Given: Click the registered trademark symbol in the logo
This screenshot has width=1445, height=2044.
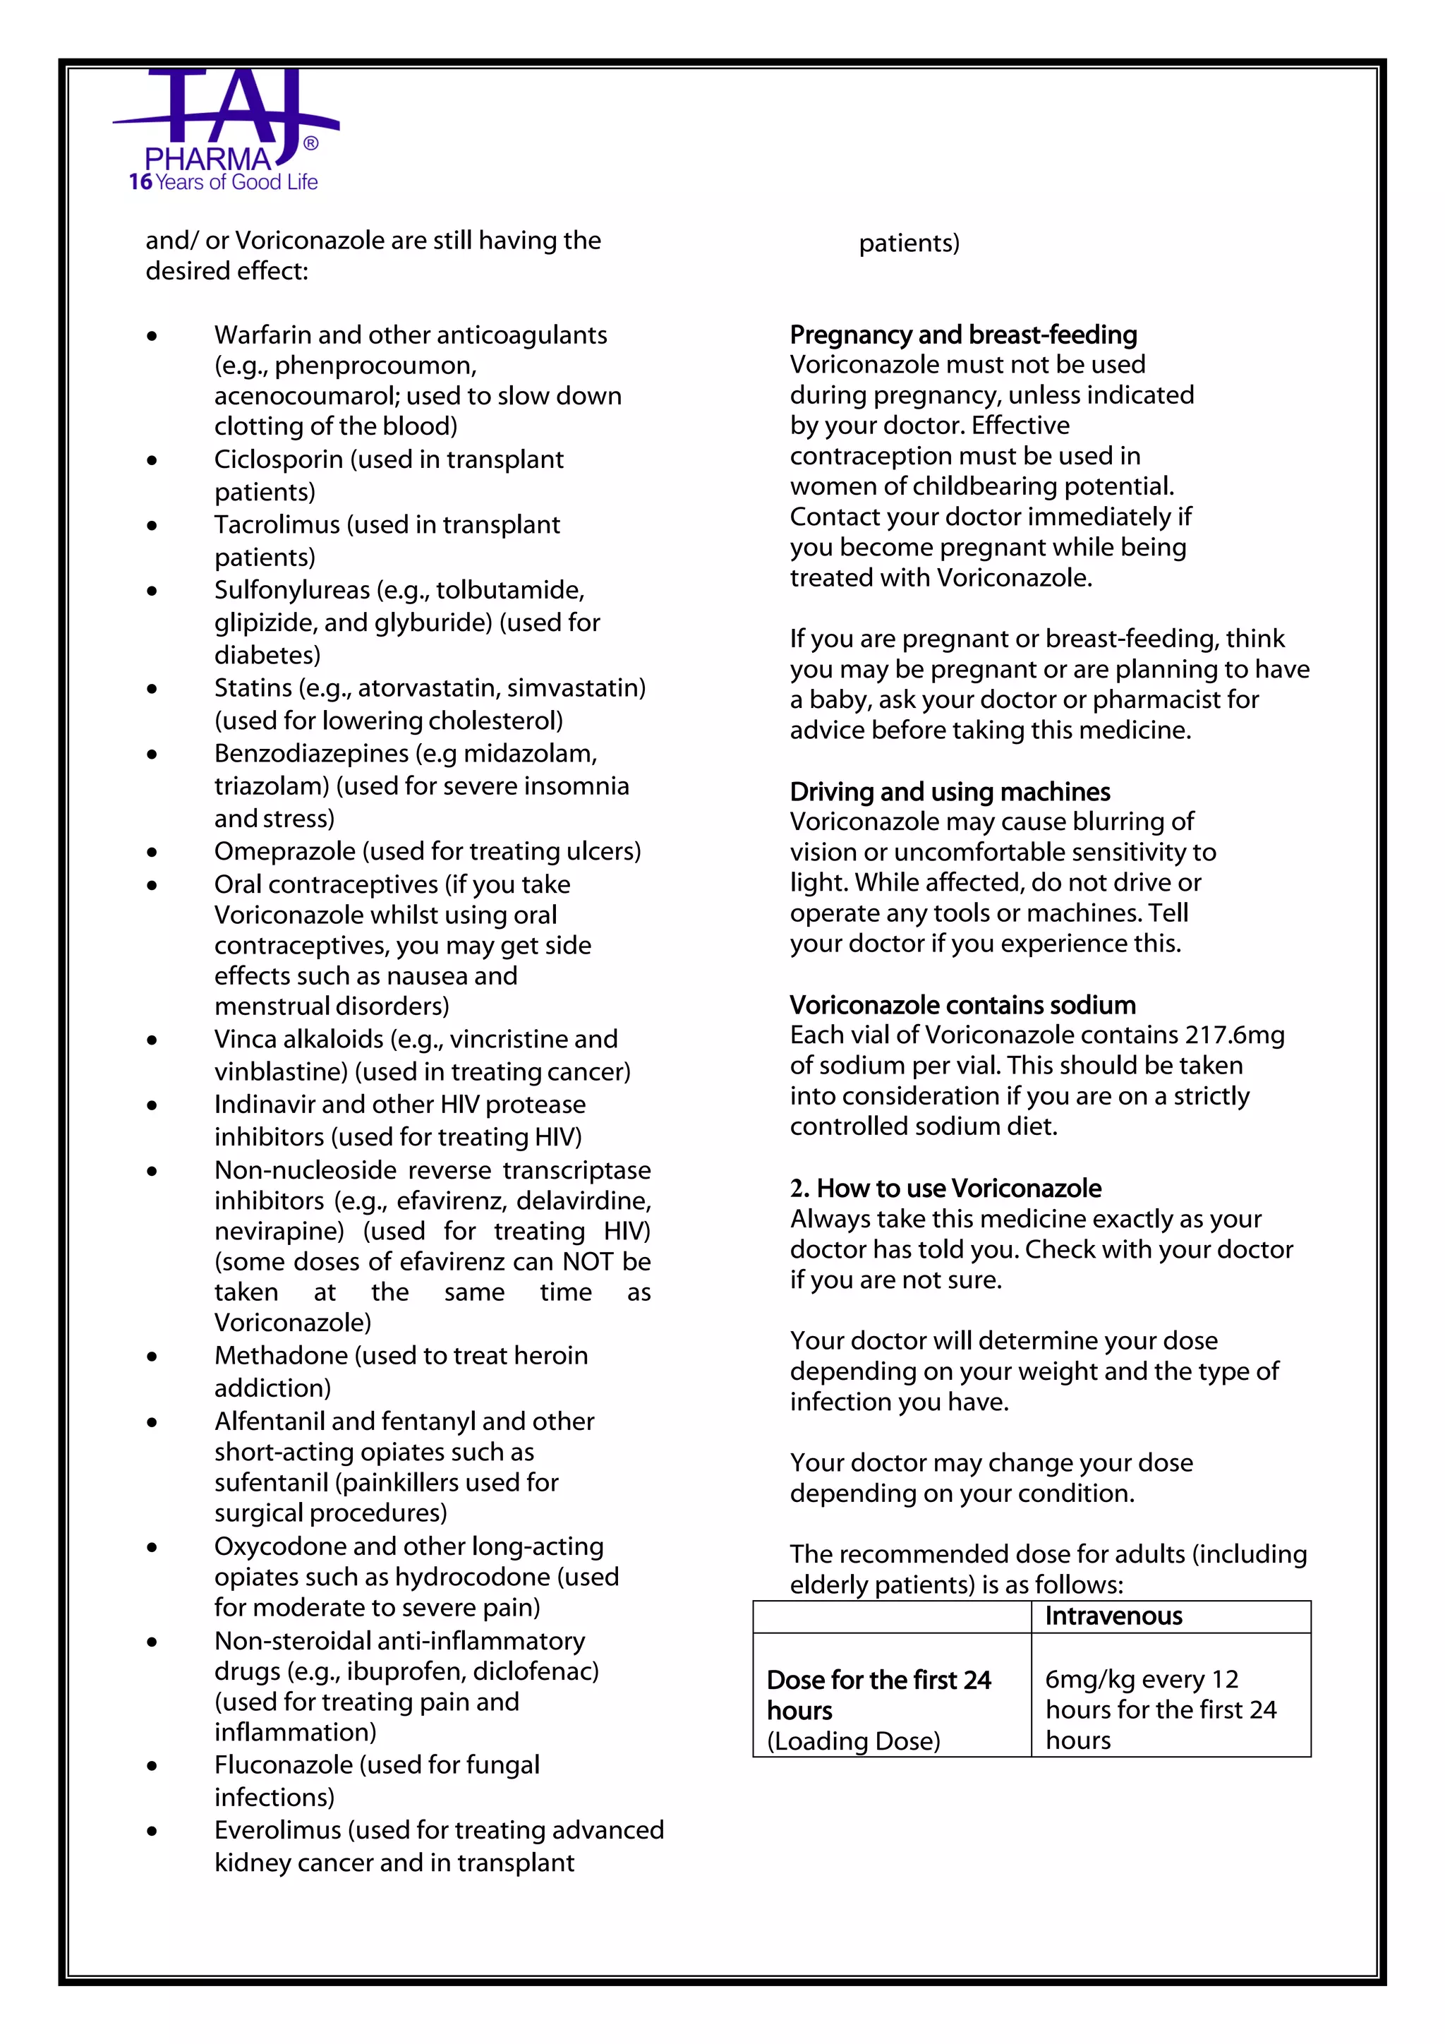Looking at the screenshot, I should [x=310, y=143].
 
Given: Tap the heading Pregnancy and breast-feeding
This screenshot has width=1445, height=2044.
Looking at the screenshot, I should [x=962, y=335].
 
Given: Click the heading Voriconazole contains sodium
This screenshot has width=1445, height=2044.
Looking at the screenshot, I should [x=962, y=1005].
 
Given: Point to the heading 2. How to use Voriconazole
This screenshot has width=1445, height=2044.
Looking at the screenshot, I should [x=945, y=1189].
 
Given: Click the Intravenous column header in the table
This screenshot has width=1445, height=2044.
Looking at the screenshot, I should [x=1113, y=1616].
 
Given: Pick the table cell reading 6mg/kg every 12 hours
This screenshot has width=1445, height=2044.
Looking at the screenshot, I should [x=1159, y=1709].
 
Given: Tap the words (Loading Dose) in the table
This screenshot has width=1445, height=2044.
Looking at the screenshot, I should [x=853, y=1741].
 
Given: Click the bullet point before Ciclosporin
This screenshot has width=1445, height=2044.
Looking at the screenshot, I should [x=152, y=460].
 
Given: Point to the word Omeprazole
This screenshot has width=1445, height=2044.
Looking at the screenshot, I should [x=285, y=852].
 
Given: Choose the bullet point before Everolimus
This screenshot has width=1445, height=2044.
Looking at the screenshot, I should [x=152, y=1832].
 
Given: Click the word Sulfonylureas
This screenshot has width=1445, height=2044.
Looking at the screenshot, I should [x=292, y=590].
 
